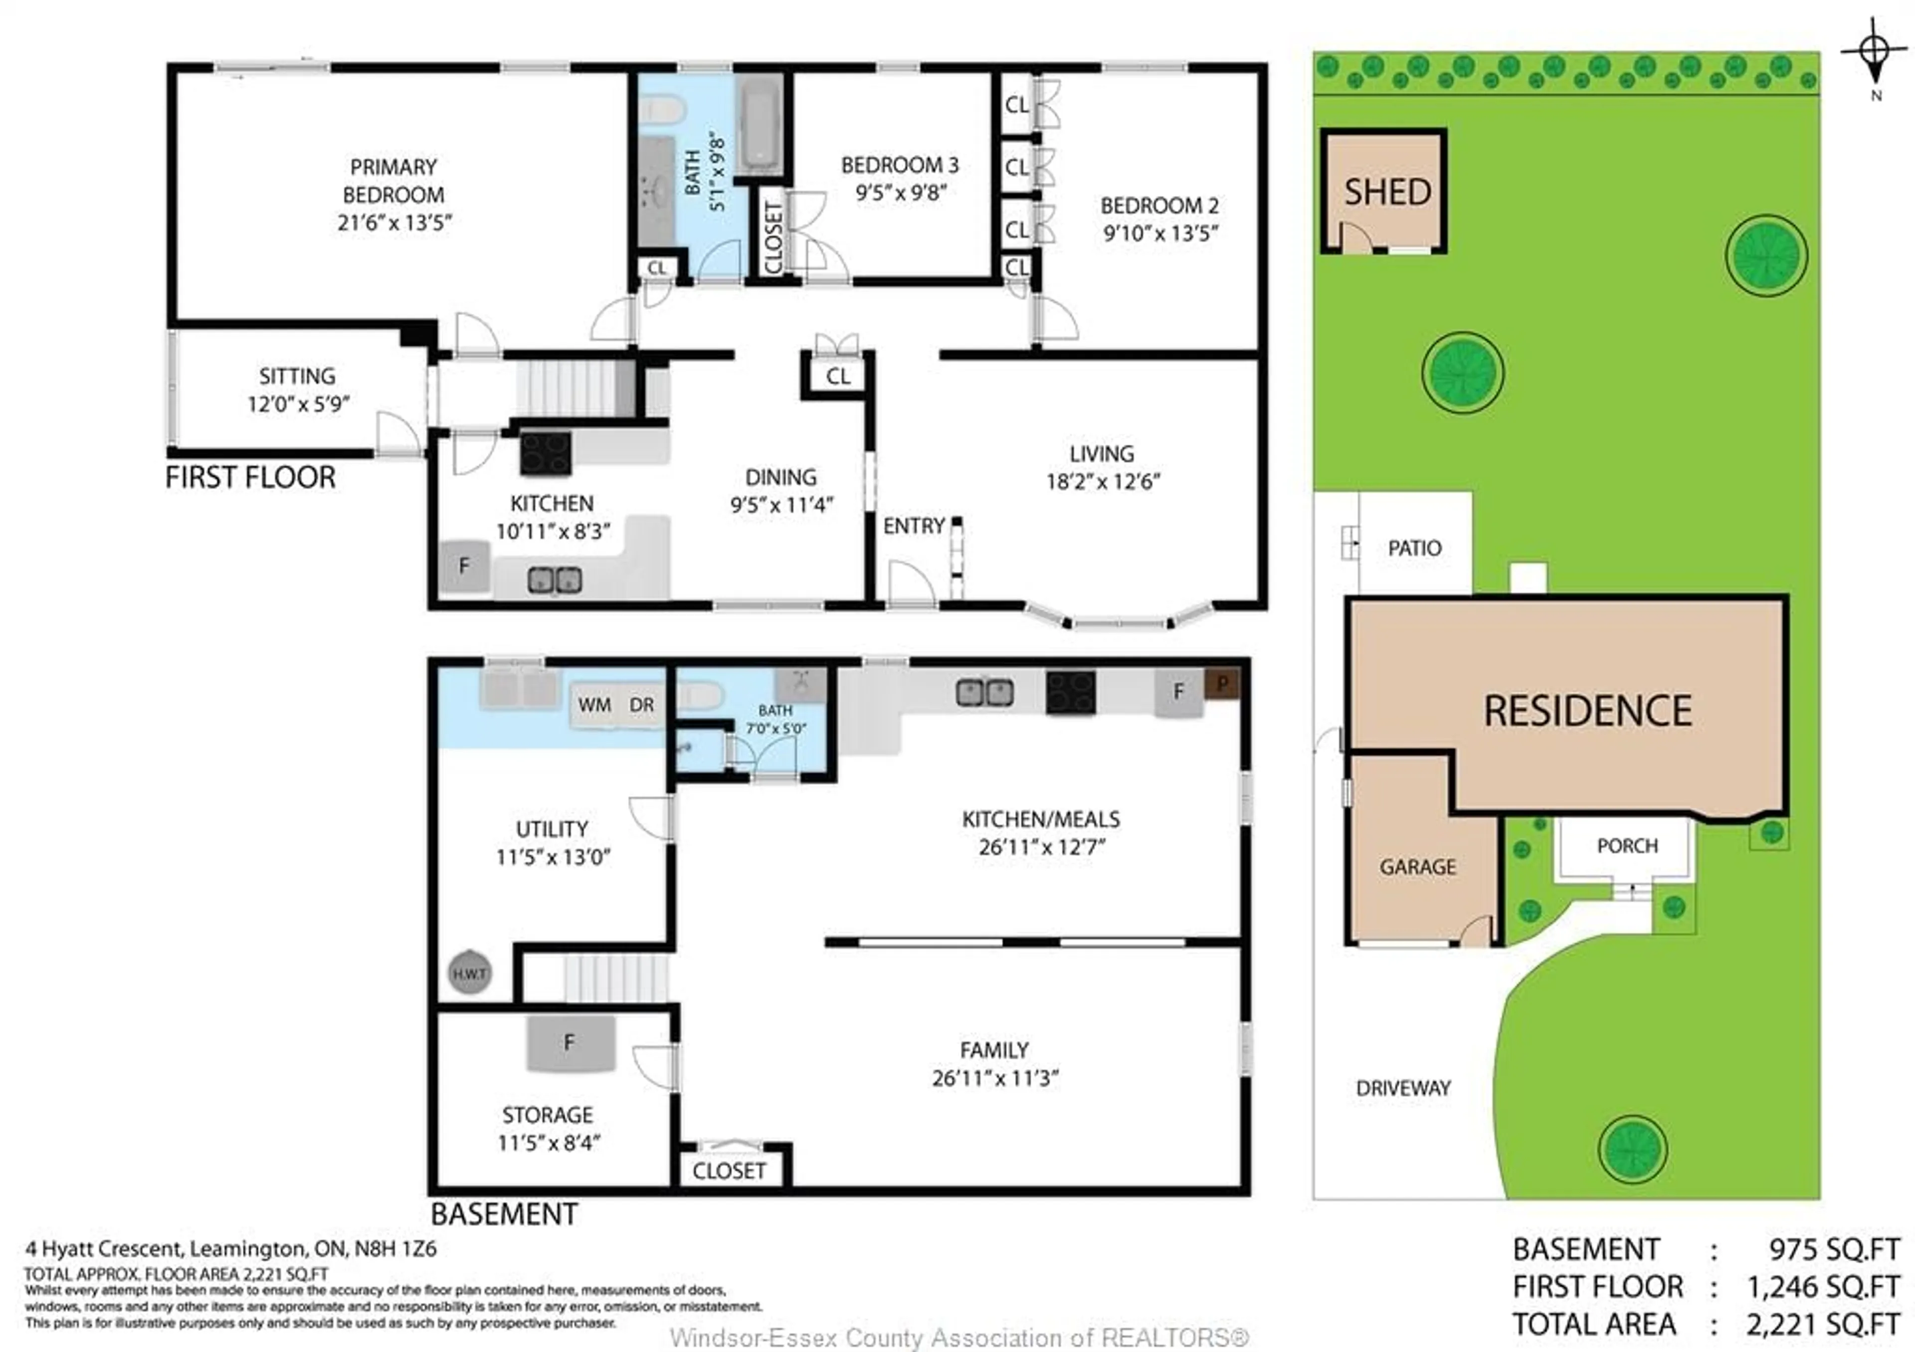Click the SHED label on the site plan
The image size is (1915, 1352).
[1387, 192]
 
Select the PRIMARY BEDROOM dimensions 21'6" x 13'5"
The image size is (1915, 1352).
[393, 223]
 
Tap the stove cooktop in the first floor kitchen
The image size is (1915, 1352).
[546, 453]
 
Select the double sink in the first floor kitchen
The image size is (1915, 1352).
[555, 579]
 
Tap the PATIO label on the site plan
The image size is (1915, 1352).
[1415, 548]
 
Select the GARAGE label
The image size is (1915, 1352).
[1417, 867]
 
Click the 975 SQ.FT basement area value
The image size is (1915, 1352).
[1833, 1249]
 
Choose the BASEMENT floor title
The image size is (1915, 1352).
[504, 1214]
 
